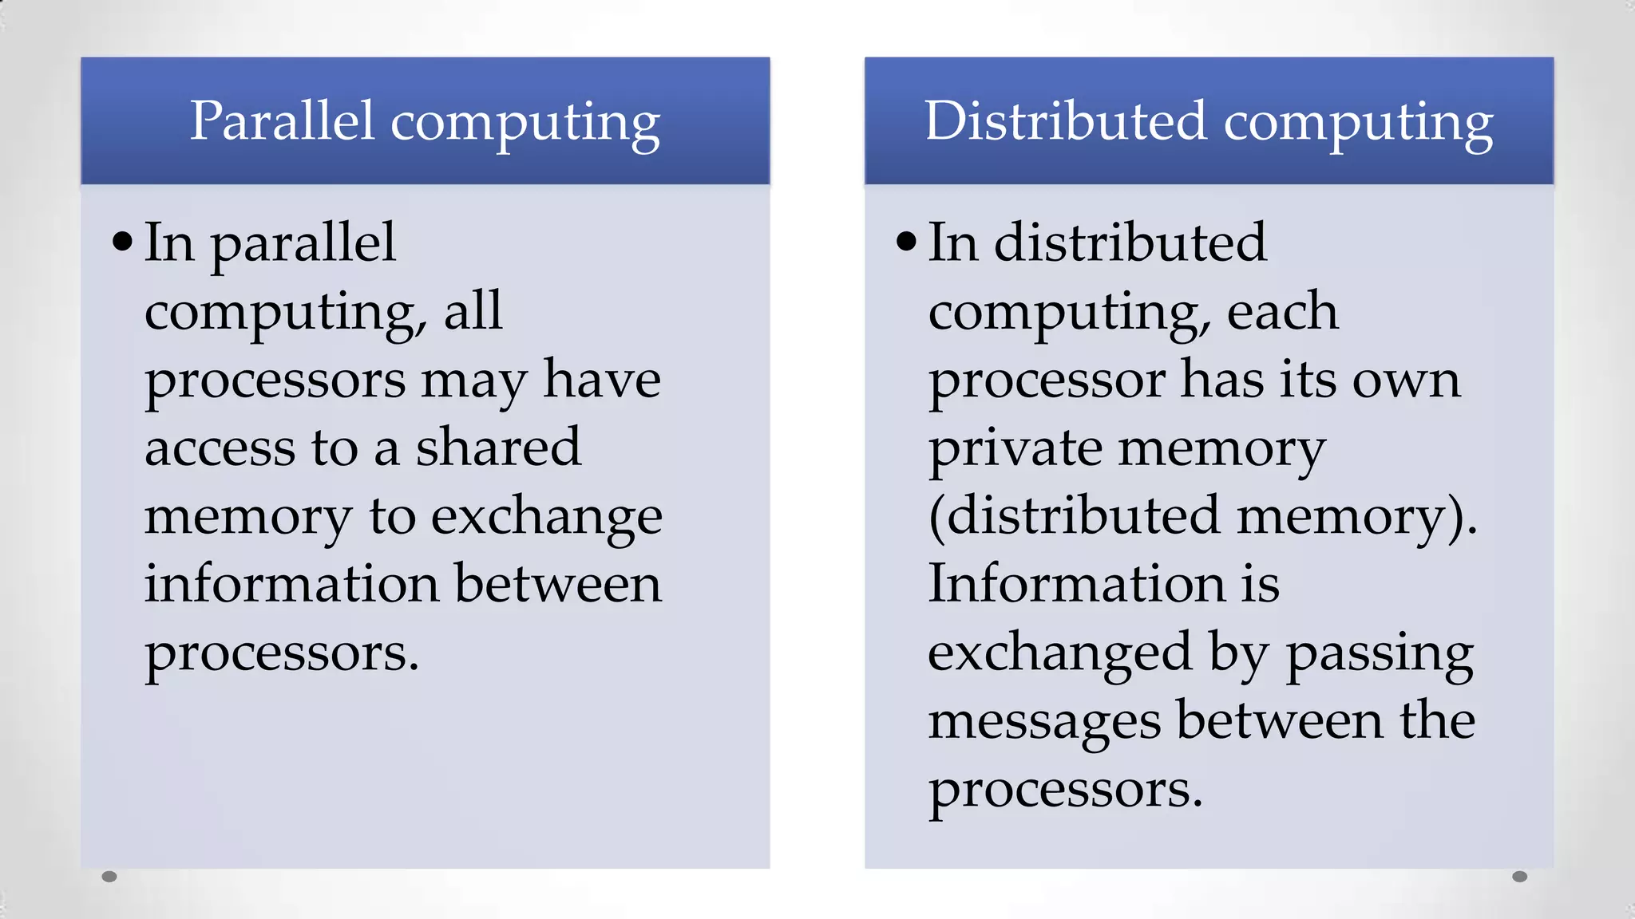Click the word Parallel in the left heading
click(282, 121)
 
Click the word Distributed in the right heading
click(1065, 121)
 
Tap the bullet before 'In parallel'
click(122, 241)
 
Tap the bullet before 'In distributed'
click(906, 241)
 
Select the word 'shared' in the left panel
click(498, 447)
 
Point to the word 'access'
click(220, 448)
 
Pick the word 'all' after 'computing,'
click(473, 310)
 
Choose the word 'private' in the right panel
click(1014, 448)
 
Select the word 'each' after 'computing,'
click(1282, 310)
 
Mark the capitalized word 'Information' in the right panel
click(1075, 583)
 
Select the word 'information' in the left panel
click(291, 583)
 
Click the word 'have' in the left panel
click(602, 379)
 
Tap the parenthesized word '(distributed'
click(1075, 515)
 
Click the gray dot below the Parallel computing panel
click(110, 877)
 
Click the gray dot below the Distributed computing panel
click(1520, 877)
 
